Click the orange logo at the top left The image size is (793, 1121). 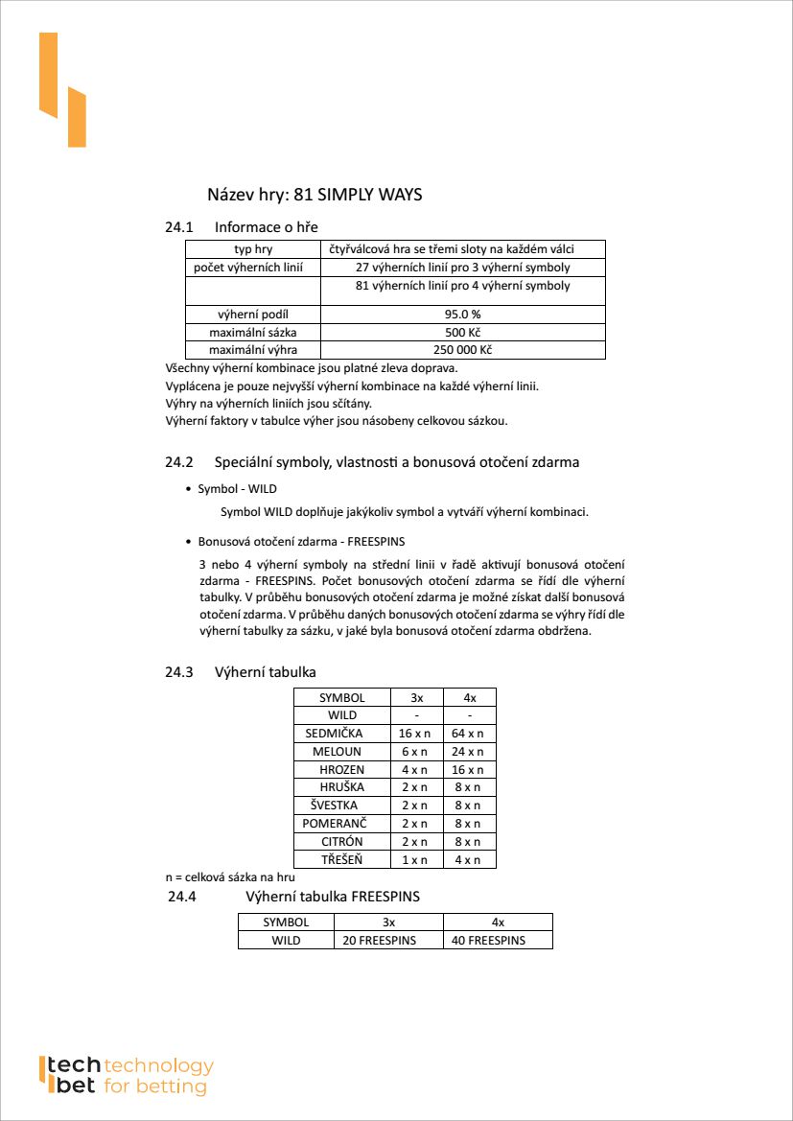pos(62,90)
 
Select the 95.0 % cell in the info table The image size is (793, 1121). pos(462,314)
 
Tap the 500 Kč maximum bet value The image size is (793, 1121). pos(462,332)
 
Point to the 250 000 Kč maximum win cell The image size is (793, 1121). pos(462,350)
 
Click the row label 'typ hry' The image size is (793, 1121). pos(252,249)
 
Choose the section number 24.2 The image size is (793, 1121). pos(179,462)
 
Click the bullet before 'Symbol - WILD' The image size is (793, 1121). pos(188,489)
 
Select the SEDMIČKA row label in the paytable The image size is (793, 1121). pos(341,734)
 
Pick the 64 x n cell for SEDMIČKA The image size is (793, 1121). pos(469,734)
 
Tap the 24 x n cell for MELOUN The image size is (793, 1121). pos(469,752)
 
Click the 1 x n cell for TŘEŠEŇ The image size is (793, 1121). pos(416,859)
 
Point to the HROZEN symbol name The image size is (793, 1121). pos(341,770)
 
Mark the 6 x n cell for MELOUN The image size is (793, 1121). pos(416,752)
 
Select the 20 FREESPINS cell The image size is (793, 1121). pos(380,941)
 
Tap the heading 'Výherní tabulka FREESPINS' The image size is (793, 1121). pos(333,898)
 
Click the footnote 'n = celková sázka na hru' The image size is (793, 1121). pos(230,877)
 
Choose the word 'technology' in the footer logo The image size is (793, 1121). pos(158,1065)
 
